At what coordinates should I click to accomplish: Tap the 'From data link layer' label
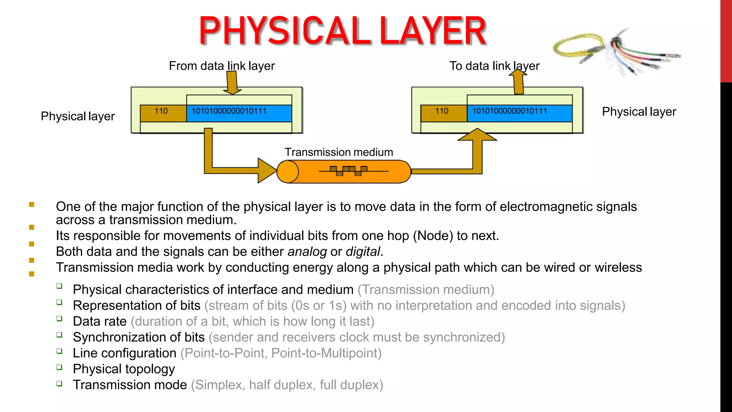tap(222, 66)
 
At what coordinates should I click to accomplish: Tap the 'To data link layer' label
tap(494, 66)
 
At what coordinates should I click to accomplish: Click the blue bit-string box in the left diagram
tap(239, 113)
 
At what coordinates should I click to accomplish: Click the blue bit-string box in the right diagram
tap(519, 113)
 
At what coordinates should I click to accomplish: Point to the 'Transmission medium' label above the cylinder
tap(339, 152)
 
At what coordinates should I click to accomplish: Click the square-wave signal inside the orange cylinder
tap(348, 171)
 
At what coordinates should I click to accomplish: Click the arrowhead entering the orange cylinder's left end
tap(266, 171)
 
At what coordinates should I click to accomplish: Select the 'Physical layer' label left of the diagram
tap(78, 116)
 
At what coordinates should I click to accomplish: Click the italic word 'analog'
tap(307, 252)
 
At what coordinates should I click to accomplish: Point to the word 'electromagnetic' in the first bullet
tap(546, 207)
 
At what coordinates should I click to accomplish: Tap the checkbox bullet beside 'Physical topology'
tap(59, 367)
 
